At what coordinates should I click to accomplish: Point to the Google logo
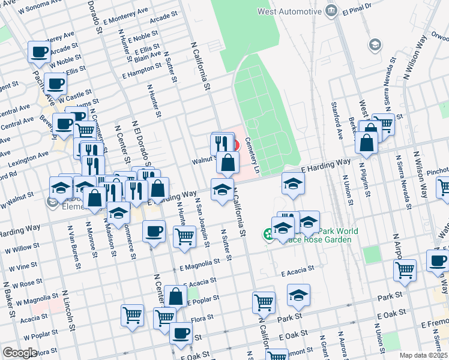coord(20,353)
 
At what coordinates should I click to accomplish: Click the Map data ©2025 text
coord(423,355)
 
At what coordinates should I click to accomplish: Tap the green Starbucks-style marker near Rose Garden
coord(268,234)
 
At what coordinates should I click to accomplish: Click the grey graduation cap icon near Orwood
coord(375,44)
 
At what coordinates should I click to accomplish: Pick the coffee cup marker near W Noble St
coord(40,52)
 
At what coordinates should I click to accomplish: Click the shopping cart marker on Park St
coord(264,304)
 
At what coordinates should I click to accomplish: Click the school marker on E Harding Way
coord(293,184)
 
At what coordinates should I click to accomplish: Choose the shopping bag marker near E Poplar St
coord(175,296)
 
